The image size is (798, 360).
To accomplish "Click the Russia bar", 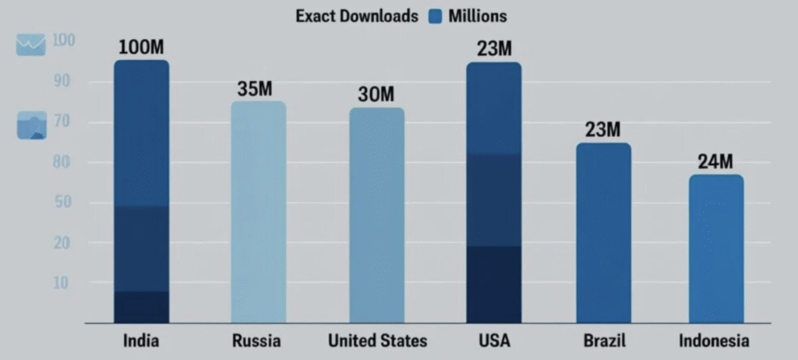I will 259,212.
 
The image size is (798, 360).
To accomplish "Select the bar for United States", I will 376,215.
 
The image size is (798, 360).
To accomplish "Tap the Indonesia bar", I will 716,249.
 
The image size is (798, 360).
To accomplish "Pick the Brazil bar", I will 604,233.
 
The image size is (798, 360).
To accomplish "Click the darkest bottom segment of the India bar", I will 141,307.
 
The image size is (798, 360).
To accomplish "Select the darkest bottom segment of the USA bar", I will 493,284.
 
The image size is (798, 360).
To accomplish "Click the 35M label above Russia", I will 255,88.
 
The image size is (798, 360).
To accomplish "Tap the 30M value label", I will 376,94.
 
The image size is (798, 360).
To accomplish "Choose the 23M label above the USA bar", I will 494,48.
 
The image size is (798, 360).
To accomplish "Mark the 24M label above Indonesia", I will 715,162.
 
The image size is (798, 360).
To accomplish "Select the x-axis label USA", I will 493,341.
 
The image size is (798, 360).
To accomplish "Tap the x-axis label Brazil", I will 604,341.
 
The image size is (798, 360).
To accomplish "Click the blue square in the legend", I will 436,16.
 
